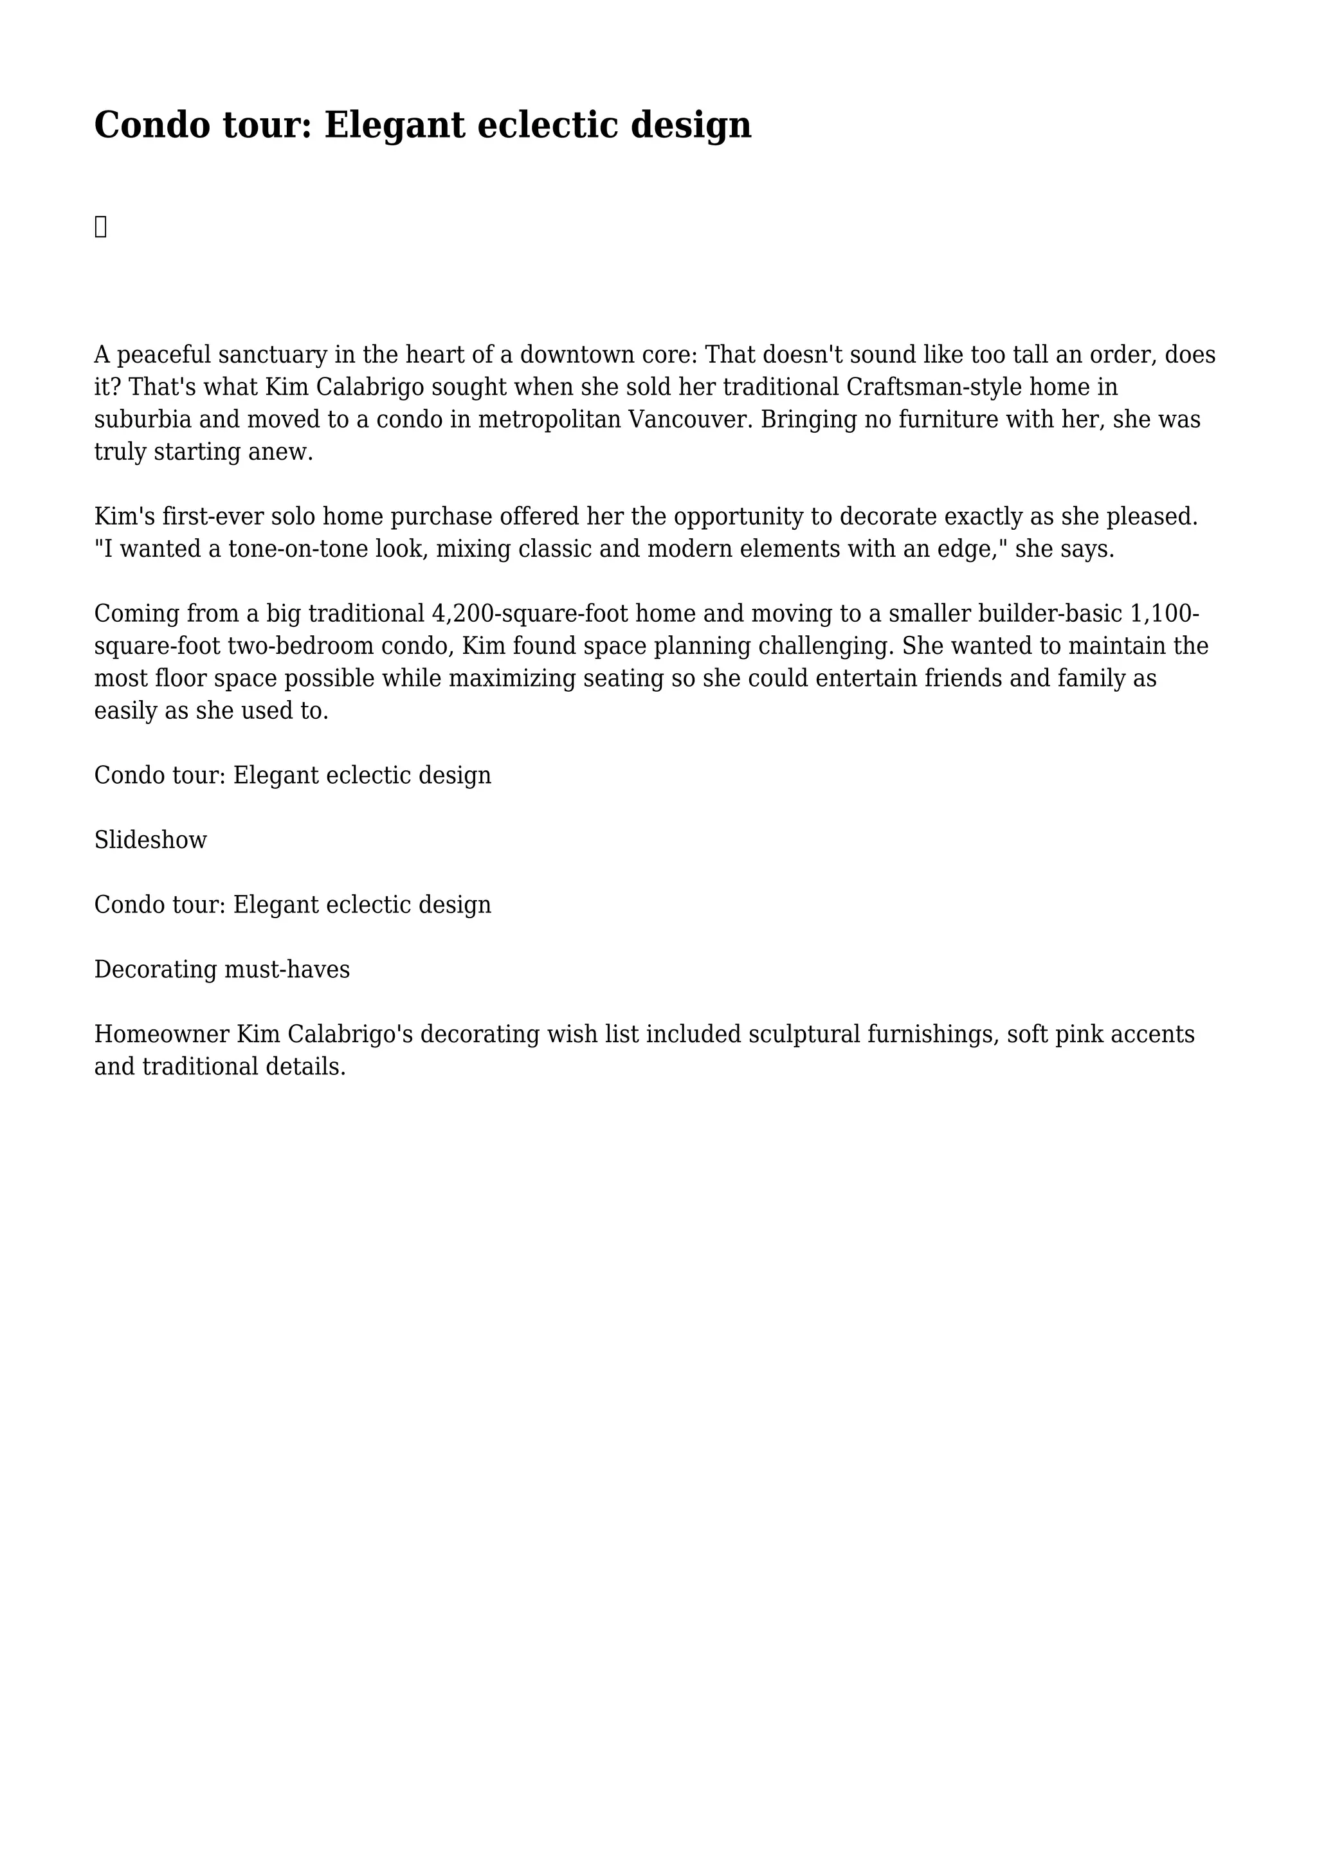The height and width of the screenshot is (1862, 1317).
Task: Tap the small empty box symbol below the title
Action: point(100,227)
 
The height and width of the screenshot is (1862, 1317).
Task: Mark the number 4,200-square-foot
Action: point(529,613)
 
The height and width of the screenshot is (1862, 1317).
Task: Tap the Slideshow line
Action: point(151,840)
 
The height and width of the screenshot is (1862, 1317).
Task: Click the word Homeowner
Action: point(161,1034)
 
